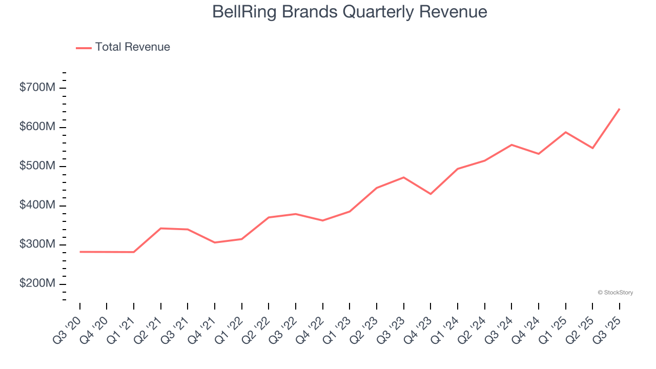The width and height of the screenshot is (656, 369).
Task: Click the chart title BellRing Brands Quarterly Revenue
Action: [350, 12]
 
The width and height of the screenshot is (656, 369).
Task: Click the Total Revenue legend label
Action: [132, 47]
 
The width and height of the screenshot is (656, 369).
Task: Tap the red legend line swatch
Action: [84, 48]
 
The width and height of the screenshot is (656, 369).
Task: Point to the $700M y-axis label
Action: [37, 88]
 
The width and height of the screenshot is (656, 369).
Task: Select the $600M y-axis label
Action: [37, 127]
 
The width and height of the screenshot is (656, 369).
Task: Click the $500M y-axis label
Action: [37, 167]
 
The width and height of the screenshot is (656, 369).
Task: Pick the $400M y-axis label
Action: [37, 206]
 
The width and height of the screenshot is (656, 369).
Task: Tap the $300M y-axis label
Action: [37, 245]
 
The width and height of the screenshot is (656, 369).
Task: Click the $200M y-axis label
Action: [37, 284]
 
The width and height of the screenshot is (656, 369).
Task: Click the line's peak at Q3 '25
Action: [619, 109]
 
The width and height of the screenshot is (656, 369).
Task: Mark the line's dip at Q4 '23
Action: [430, 194]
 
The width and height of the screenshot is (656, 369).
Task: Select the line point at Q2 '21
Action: [161, 228]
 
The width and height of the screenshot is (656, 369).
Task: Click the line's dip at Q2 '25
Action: [592, 148]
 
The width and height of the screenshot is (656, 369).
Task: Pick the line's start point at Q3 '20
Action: [80, 252]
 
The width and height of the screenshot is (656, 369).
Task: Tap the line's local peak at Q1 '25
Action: [565, 132]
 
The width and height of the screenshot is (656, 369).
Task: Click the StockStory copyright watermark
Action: [615, 293]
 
